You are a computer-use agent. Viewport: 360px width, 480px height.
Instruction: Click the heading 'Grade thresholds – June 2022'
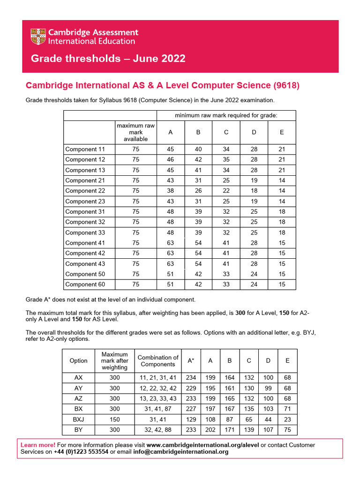coord(108,59)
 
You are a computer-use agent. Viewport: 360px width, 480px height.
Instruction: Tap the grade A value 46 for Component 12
coord(170,159)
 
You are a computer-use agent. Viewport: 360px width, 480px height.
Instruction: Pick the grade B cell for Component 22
coord(198,191)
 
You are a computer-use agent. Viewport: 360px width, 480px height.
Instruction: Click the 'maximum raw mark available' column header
coord(135,132)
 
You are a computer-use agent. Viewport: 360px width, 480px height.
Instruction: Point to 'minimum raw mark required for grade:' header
coord(225,115)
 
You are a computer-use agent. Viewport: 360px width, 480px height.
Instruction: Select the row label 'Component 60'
coord(85,285)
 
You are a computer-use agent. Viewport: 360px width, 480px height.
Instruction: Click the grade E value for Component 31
coord(282,211)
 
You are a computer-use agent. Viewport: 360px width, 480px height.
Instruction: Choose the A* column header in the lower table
coord(191,360)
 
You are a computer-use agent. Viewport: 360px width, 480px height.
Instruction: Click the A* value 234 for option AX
coord(191,378)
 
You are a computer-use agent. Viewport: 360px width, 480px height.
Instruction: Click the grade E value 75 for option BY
coord(287,429)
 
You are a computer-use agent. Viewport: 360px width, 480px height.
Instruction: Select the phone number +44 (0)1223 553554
coord(81,452)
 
